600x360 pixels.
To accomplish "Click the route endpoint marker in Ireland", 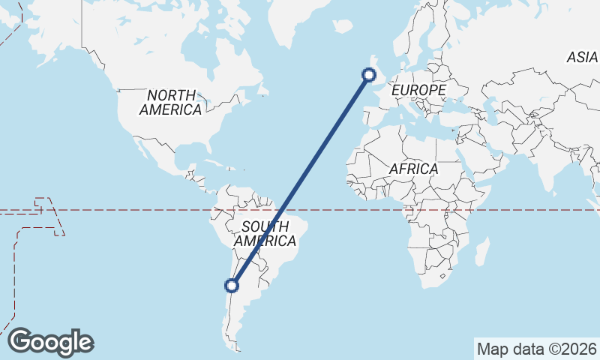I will [x=368, y=73].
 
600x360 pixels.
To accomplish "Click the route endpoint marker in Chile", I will [x=232, y=285].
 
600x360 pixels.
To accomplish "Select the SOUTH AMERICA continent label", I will [x=265, y=233].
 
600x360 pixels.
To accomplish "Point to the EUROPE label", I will [x=418, y=90].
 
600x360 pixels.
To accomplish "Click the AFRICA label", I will [x=412, y=169].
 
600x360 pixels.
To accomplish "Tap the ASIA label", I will [x=582, y=57].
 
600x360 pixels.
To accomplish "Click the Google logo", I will [x=50, y=342].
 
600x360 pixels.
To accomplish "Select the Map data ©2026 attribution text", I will [x=537, y=349].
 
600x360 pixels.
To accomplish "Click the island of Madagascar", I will [x=482, y=252].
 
